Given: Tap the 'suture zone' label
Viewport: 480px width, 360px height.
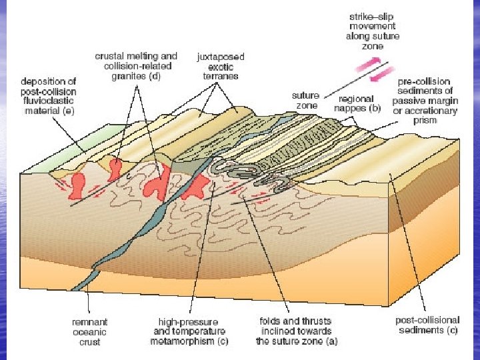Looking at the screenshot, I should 305,101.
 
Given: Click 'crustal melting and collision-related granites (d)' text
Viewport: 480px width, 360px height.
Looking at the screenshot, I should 136,66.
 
